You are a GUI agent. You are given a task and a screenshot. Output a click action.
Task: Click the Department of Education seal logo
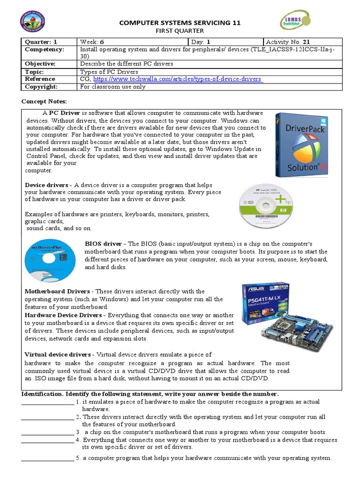tap(33, 24)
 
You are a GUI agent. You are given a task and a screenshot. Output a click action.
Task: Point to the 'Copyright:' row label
tap(41, 87)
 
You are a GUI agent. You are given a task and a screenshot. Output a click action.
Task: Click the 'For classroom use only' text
tap(113, 87)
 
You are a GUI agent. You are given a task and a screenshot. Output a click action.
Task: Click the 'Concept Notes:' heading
tap(45, 101)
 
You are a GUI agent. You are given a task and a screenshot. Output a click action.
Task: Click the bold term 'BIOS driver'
tap(103, 244)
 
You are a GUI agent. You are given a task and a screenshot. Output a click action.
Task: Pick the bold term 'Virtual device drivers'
tap(58, 354)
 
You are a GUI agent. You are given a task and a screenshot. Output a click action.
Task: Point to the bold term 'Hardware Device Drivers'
tap(63, 315)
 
